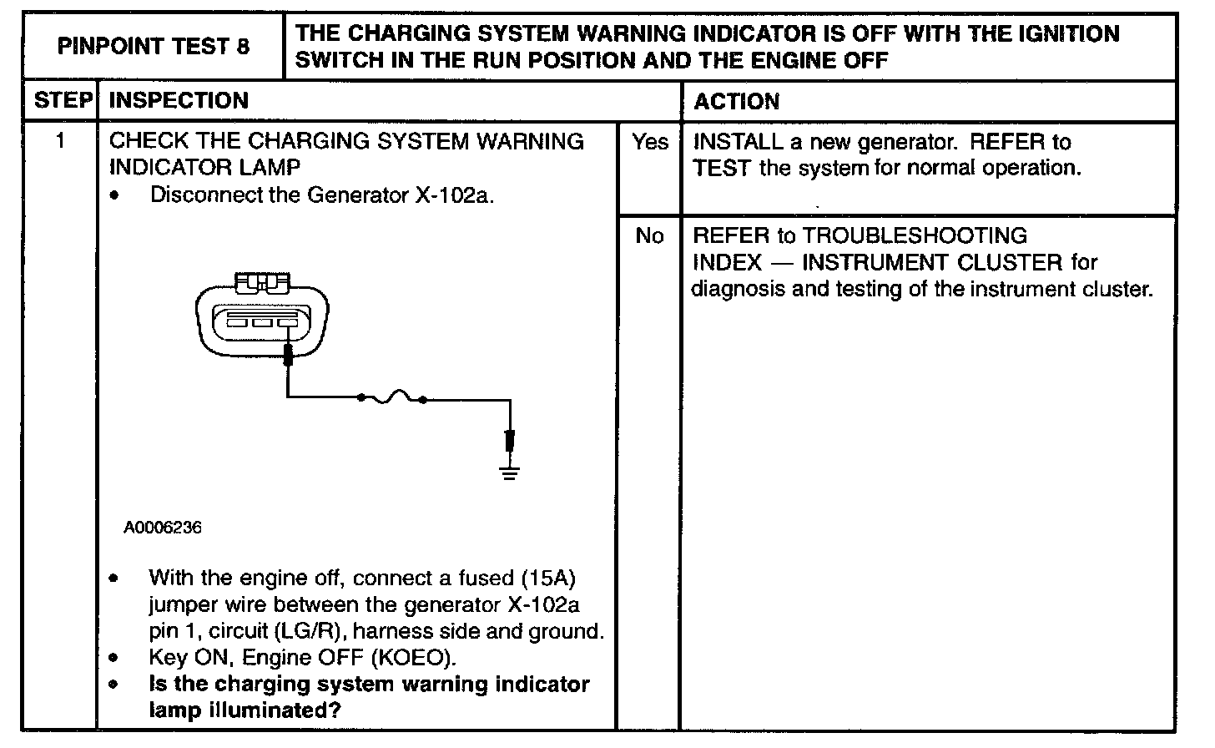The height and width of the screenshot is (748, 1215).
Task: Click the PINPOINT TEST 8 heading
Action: [154, 46]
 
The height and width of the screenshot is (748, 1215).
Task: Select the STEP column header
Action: [61, 101]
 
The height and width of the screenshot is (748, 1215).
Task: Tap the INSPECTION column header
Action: [179, 101]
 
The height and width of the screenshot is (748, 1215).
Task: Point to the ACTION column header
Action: [737, 102]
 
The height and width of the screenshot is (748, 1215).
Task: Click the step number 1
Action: [61, 141]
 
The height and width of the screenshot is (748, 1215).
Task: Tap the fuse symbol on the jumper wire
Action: [392, 399]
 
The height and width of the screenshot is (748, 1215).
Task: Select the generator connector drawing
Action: [261, 315]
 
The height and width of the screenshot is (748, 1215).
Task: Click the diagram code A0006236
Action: [163, 528]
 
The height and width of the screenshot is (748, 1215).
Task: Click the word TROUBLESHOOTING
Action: [915, 236]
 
